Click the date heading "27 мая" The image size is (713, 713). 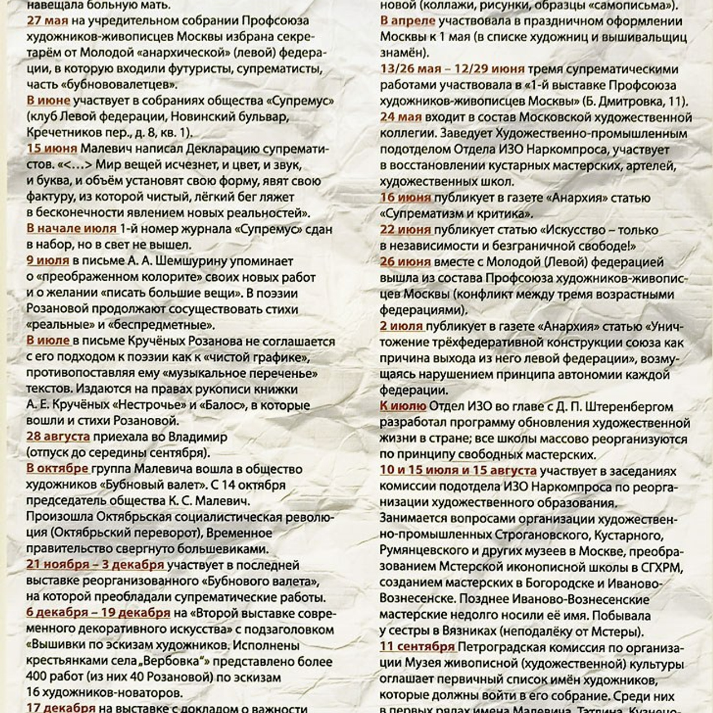(47, 21)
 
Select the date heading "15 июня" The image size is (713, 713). (52, 149)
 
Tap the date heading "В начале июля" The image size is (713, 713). (71, 229)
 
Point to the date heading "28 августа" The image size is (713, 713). (58, 437)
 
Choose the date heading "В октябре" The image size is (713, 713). (57, 469)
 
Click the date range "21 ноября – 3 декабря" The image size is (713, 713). (95, 565)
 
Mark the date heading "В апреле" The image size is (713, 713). (407, 21)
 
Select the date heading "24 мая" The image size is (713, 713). (401, 118)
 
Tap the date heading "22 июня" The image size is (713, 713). (406, 230)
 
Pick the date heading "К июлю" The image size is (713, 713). (403, 407)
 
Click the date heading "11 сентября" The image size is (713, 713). (418, 647)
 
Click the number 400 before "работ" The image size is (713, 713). (36, 678)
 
